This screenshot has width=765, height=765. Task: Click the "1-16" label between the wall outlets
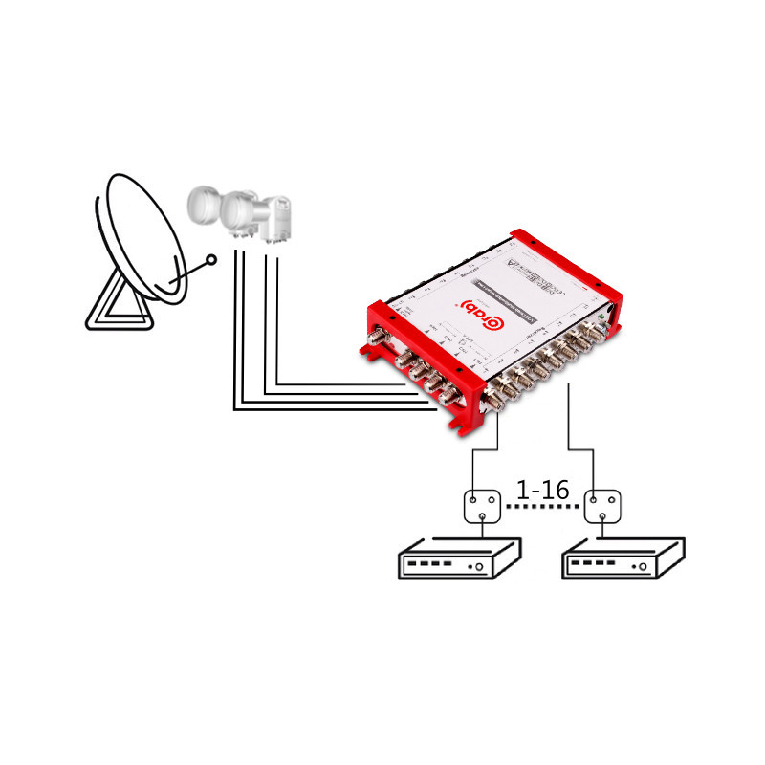tap(542, 491)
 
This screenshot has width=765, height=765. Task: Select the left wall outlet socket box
tap(483, 507)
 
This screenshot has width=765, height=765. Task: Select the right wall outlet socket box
tap(602, 507)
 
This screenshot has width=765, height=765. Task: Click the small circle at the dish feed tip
tap(212, 258)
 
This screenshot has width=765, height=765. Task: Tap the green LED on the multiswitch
tap(599, 315)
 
